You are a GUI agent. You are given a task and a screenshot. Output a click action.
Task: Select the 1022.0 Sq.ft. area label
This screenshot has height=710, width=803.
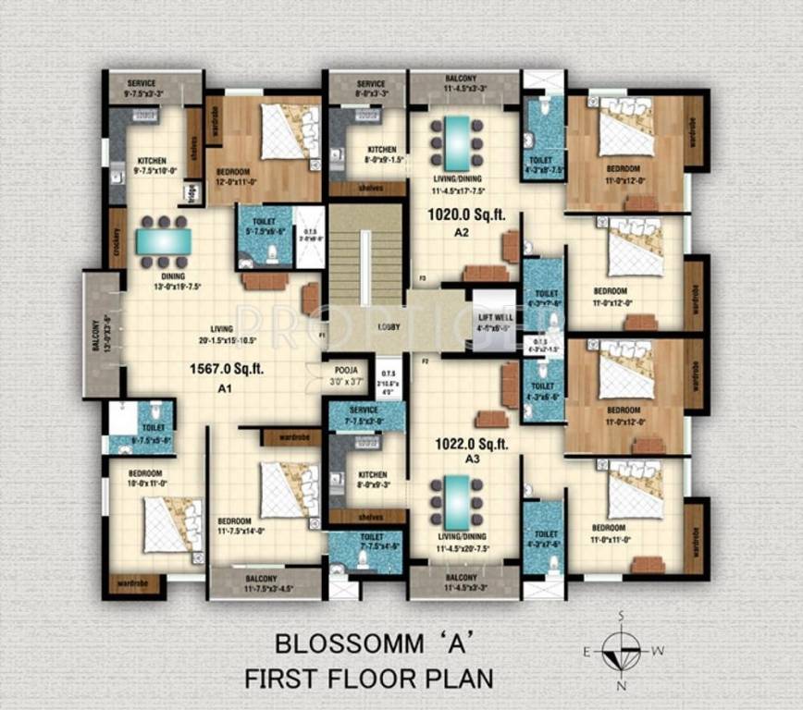click(x=473, y=444)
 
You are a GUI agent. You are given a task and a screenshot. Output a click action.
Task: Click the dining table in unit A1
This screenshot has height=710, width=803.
click(x=164, y=242)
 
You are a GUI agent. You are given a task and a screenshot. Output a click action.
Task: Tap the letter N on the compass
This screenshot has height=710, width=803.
click(x=621, y=685)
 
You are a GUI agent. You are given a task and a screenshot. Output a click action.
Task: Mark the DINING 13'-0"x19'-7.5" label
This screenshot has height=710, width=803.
click(x=172, y=281)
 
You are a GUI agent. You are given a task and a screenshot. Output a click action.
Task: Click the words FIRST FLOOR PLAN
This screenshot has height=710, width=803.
click(x=368, y=678)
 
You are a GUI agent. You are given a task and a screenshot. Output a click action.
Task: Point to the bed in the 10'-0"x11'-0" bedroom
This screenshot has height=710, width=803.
click(x=171, y=524)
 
